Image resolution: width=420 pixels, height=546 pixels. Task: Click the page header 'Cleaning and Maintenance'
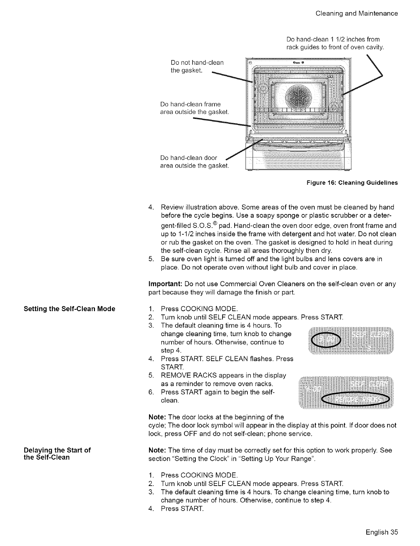[x=357, y=14]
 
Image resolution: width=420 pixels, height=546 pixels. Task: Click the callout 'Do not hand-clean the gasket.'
[x=197, y=67]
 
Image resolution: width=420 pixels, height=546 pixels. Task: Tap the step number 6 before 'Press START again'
[x=150, y=392]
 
